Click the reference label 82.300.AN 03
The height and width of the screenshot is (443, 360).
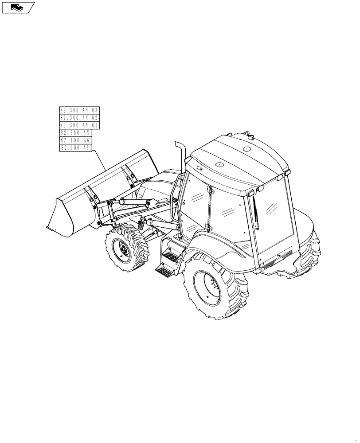(80, 110)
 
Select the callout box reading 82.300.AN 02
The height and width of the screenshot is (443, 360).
(80, 118)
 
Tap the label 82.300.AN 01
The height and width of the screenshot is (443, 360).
(80, 125)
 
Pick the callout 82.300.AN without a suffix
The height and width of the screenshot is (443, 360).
(76, 133)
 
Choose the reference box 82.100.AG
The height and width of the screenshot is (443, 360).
(76, 140)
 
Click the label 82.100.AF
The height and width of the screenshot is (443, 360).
(76, 148)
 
